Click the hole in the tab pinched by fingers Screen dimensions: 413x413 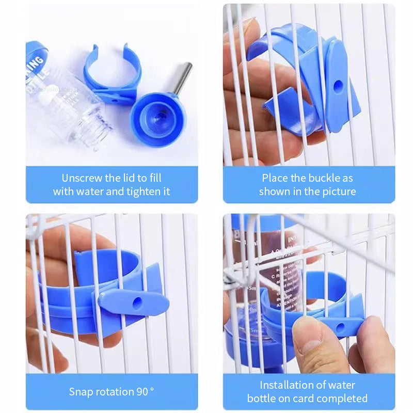click(x=340, y=327)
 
